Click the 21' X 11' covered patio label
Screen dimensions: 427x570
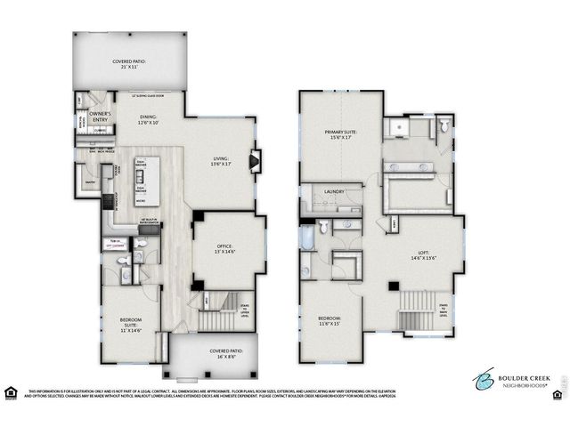[x=129, y=65]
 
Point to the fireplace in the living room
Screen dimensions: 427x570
[x=256, y=163]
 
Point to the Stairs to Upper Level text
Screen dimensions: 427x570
[x=246, y=310]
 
